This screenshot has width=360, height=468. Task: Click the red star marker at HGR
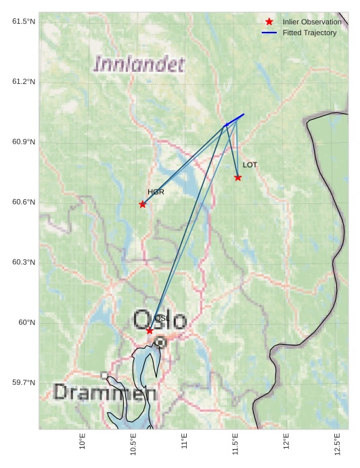tap(142, 204)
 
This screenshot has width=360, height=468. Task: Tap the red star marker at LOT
tap(238, 177)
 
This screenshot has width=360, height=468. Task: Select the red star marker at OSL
tap(150, 331)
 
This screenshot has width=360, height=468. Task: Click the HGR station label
tap(156, 192)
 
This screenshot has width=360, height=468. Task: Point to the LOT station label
tap(250, 165)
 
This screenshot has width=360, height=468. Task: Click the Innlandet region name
tap(139, 65)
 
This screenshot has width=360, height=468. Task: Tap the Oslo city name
tap(160, 320)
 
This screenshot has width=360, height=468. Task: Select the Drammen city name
tap(105, 392)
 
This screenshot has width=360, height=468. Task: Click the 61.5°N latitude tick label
tap(24, 22)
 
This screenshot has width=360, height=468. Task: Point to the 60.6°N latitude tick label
tap(24, 203)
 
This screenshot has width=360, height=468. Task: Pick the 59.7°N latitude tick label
tap(24, 383)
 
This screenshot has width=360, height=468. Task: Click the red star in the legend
tap(269, 22)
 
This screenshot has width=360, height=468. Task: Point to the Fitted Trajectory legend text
tap(309, 33)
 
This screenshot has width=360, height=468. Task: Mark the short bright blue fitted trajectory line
tap(235, 119)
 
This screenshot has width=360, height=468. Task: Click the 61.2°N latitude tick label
tap(24, 82)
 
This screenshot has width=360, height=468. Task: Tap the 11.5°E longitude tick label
tap(235, 444)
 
